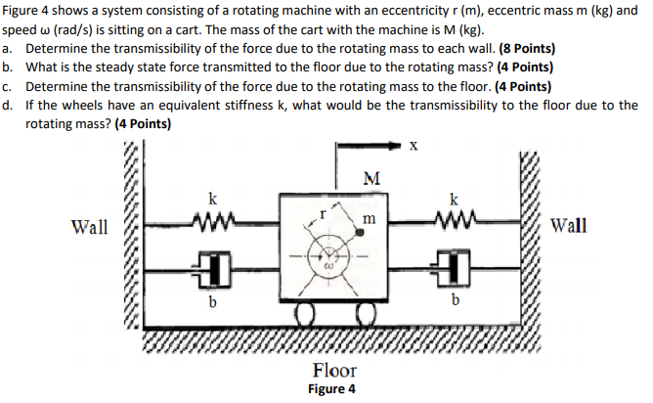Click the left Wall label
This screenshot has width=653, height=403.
[x=91, y=228]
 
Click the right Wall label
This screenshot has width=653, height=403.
[x=569, y=226]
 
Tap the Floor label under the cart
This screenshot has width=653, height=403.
[x=334, y=371]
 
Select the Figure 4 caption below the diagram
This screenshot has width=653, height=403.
[x=331, y=389]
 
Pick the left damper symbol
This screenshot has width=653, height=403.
[x=213, y=266]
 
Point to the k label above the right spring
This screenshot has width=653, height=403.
[x=454, y=199]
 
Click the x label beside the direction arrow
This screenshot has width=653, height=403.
[x=414, y=147]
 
